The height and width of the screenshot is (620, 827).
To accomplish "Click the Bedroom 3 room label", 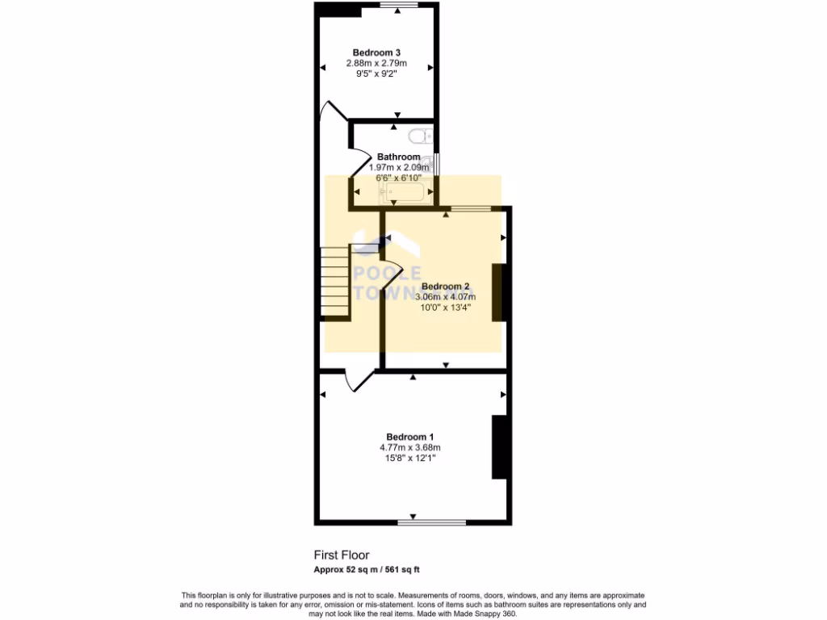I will [376, 52].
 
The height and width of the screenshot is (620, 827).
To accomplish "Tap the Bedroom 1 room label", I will [413, 437].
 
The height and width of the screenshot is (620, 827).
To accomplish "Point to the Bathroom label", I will [398, 157].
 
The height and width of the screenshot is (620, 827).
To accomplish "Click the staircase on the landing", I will [336, 282].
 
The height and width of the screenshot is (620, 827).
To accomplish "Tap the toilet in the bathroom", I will [420, 136].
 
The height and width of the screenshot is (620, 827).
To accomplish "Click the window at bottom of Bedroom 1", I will [432, 522].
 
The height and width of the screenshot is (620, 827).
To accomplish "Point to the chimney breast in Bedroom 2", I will [498, 292].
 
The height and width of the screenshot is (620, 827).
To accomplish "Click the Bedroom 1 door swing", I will [354, 380].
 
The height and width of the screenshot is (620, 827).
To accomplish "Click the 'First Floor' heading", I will [342, 555].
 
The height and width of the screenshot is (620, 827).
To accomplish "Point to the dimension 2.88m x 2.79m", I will [376, 63].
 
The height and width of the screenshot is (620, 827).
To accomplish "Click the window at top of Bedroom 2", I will [470, 209].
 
